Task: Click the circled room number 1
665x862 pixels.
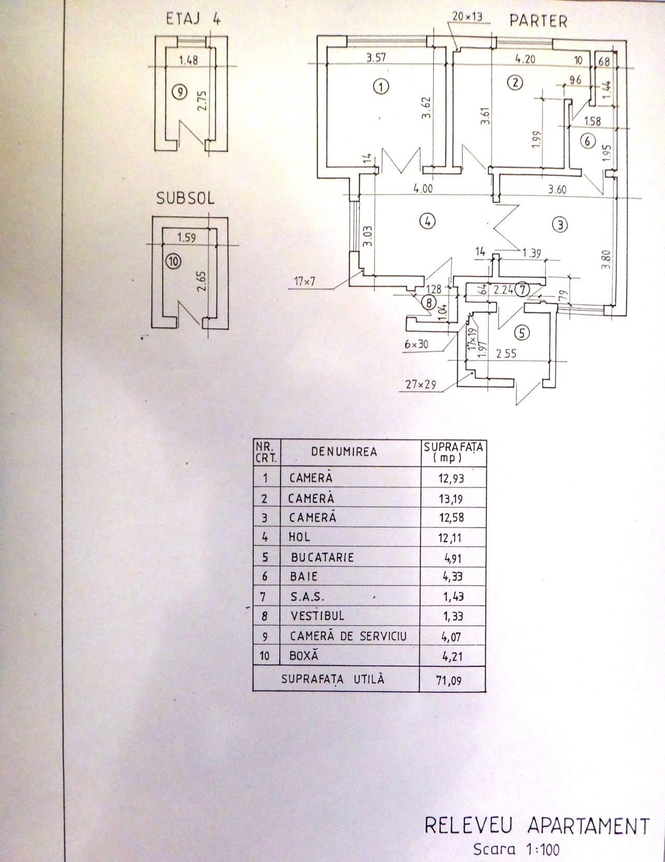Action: click(381, 87)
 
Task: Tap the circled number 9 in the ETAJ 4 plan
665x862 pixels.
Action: click(179, 93)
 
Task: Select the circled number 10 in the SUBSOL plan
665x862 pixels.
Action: click(172, 262)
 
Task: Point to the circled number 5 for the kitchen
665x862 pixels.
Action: click(522, 333)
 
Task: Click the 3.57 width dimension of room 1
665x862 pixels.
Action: click(377, 58)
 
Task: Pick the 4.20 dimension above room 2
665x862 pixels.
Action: click(525, 59)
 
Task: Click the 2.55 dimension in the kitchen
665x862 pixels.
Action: click(506, 355)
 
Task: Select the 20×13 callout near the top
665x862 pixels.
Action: click(467, 17)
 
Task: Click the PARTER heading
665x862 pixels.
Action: click(539, 21)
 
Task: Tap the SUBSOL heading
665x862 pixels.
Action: click(185, 199)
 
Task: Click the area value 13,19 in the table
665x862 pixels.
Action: click(451, 499)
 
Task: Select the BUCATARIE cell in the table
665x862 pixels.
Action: click(322, 557)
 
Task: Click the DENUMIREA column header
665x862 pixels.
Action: click(344, 452)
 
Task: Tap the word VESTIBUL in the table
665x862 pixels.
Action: click(317, 616)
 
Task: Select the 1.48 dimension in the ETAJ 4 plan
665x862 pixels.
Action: click(187, 61)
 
